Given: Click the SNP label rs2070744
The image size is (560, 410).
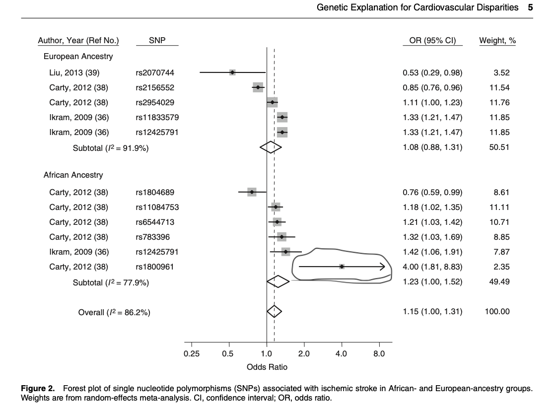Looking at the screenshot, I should (x=154, y=73).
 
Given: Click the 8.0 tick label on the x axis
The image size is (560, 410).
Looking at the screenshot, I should (x=379, y=354).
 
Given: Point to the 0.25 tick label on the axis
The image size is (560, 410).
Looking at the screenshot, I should (x=191, y=354).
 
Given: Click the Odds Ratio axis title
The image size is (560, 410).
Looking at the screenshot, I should (x=267, y=367).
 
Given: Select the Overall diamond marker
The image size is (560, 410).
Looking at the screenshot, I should (x=274, y=312).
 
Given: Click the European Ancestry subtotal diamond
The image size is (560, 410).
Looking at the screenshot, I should (x=271, y=147).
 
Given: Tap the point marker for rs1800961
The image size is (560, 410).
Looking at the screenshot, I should (x=342, y=267).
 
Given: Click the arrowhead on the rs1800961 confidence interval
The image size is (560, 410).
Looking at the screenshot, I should (x=382, y=267).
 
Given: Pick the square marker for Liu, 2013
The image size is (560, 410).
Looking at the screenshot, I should (x=232, y=72).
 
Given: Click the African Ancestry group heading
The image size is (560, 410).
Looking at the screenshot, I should (x=73, y=175).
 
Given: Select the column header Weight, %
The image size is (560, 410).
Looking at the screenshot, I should (x=497, y=41).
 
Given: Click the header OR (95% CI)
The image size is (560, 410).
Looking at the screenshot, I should (x=432, y=41).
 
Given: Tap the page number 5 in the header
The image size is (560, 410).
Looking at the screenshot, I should (x=530, y=7).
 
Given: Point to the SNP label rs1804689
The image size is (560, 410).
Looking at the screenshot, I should (x=154, y=192).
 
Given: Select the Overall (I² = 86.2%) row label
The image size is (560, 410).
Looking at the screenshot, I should (x=114, y=312).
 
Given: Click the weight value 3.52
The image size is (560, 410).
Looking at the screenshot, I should (x=501, y=73).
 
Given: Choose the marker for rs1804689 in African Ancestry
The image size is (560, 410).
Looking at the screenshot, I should (x=252, y=192).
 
